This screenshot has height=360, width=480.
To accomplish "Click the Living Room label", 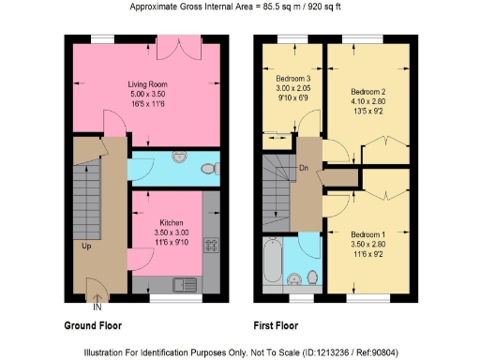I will point(146,84).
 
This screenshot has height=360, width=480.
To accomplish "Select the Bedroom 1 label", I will point(367,233).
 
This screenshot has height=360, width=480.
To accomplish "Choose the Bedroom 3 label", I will point(293,78).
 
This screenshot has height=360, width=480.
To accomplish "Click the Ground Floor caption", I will point(92,326).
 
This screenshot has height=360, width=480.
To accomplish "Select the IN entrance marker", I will point(97,305).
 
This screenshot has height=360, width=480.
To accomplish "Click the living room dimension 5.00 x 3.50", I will point(146,94).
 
